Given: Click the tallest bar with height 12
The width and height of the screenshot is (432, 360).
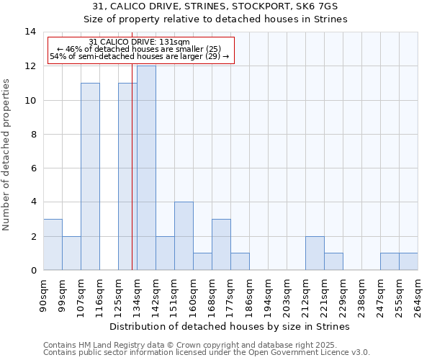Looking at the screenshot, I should click(146, 168).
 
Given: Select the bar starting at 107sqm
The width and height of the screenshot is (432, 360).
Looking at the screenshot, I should click(90, 176).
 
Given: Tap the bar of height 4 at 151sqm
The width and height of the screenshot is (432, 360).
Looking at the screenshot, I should click(184, 236).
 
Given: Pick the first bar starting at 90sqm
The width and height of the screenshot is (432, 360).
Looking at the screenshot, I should click(53, 245).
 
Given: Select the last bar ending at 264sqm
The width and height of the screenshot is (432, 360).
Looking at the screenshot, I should click(408, 262).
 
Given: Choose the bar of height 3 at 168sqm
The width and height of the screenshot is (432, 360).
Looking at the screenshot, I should click(221, 245).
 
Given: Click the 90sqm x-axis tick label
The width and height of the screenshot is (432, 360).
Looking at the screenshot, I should click(44, 294).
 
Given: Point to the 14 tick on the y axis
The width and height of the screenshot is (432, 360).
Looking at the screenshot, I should click(30, 32).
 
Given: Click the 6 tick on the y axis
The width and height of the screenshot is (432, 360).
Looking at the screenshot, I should click(33, 168).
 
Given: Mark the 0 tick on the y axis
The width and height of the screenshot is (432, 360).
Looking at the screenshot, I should click(33, 271).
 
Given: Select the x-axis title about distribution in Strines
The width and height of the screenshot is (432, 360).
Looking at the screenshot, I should click(230, 326).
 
